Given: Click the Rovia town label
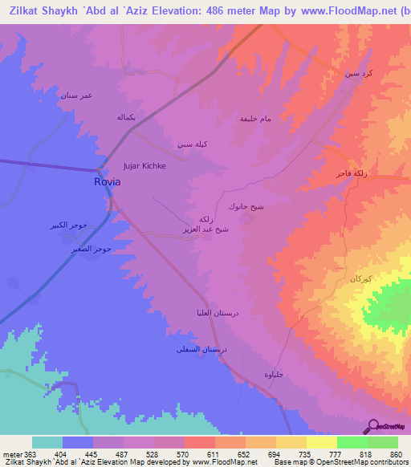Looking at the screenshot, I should (x=108, y=182).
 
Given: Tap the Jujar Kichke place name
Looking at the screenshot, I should (x=144, y=166).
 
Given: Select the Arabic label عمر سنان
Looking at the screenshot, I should (x=76, y=95).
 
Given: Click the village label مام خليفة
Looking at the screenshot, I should (x=255, y=118).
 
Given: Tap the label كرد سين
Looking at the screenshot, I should (x=358, y=73).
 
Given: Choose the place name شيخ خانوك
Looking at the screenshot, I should (x=246, y=206).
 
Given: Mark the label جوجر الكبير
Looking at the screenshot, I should (x=88, y=225).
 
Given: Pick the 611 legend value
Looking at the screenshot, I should (x=214, y=454).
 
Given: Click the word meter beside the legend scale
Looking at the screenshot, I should (x=12, y=454).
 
